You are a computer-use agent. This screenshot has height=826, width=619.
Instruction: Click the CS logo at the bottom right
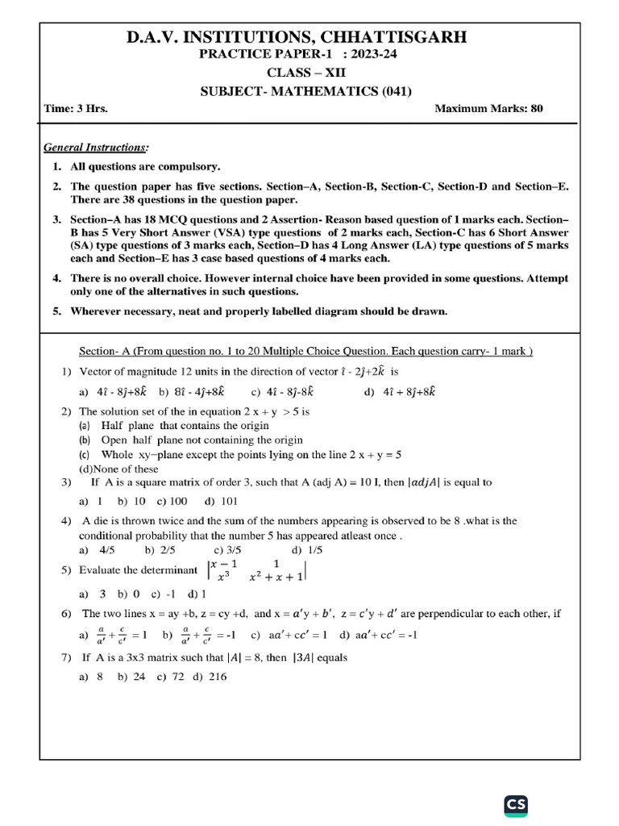(515, 806)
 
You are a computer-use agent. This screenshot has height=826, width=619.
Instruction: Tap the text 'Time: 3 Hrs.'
(77, 108)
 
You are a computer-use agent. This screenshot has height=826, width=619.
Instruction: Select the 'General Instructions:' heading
(96, 147)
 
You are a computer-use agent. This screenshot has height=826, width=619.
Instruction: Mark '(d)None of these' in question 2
(118, 469)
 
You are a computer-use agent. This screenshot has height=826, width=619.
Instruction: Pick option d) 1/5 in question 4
(307, 550)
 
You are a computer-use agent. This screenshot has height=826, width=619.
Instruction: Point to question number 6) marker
(67, 614)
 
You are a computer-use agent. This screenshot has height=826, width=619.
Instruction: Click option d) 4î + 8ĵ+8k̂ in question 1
(399, 392)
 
